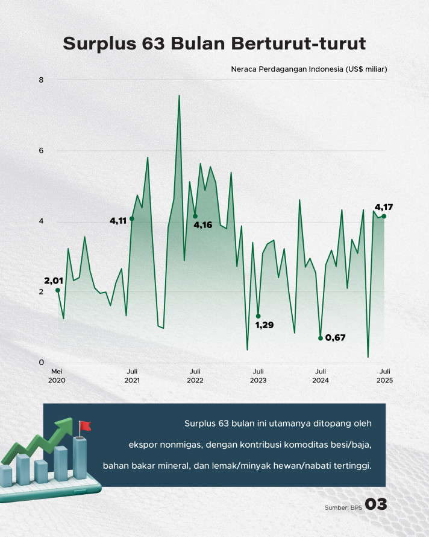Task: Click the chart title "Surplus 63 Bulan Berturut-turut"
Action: pyautogui.click(x=214, y=43)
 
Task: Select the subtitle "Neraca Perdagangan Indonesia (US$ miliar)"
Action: pyautogui.click(x=309, y=69)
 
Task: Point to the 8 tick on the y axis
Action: pyautogui.click(x=42, y=80)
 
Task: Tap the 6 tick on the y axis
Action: pyautogui.click(x=42, y=150)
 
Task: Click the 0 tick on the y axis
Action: pyautogui.click(x=42, y=363)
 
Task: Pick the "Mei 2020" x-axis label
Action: pyautogui.click(x=57, y=376)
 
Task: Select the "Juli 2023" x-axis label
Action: pyautogui.click(x=258, y=376)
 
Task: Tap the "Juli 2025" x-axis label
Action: pyautogui.click(x=385, y=376)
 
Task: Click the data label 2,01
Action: pyautogui.click(x=54, y=281)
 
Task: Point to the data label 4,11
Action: pyautogui.click(x=118, y=221)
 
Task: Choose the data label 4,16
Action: pyautogui.click(x=203, y=225)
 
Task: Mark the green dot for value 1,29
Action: pyautogui.click(x=258, y=316)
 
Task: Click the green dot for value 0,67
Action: pyautogui.click(x=321, y=338)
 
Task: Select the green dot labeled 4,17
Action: pyautogui.click(x=384, y=216)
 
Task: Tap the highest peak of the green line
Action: pyautogui.click(x=179, y=95)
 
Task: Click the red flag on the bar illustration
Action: pyautogui.click(x=84, y=426)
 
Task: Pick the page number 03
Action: pyautogui.click(x=376, y=504)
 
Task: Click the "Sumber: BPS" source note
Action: pyautogui.click(x=343, y=507)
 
